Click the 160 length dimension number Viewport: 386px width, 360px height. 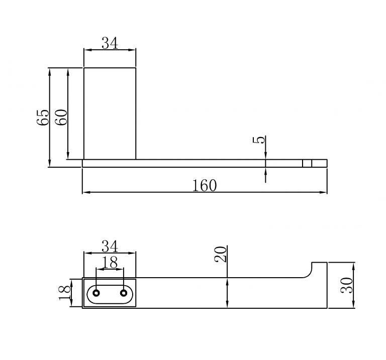pos(205,185)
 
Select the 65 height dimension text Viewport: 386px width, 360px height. pos(43,117)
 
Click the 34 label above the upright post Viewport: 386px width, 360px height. pos(110,43)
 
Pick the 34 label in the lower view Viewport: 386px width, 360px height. pos(110,247)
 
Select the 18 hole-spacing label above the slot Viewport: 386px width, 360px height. pos(110,262)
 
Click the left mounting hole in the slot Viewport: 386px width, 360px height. pos(96,293)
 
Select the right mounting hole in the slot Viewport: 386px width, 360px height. pos(124,293)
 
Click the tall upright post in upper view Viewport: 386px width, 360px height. pos(110,113)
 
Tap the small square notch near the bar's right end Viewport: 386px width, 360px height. pos(307,163)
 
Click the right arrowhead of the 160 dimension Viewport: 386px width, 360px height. pos(324,192)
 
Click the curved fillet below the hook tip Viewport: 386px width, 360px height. pos(307,274)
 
